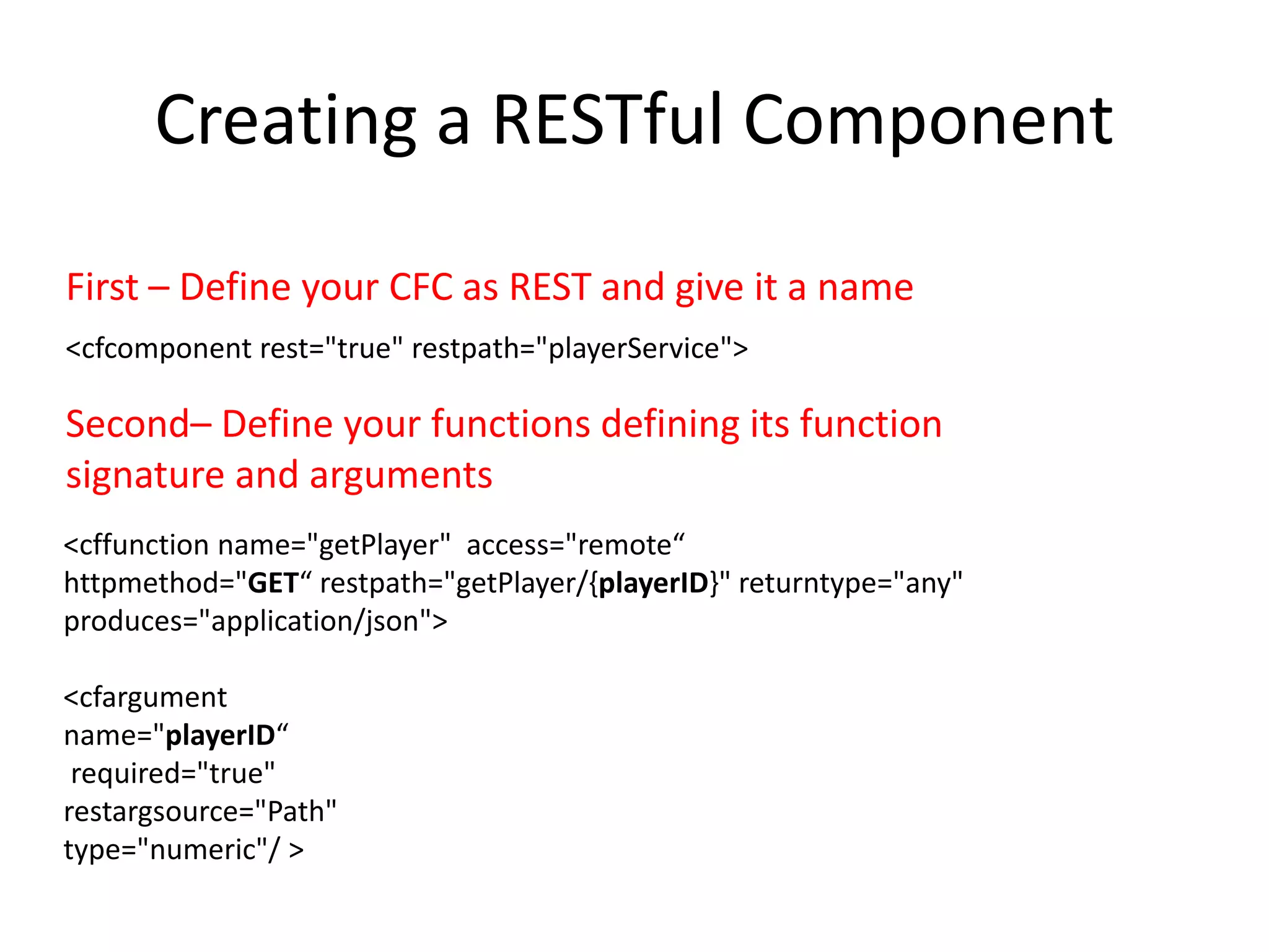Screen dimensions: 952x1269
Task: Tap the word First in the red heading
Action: pos(102,288)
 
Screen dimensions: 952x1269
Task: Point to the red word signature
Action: pos(144,476)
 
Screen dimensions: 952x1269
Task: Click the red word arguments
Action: pos(400,476)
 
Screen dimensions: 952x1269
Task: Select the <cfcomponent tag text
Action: pos(157,348)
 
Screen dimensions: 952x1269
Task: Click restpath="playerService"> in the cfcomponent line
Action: pos(579,348)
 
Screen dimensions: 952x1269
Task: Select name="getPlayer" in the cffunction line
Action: pos(334,545)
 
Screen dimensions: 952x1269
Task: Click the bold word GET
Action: pos(273,583)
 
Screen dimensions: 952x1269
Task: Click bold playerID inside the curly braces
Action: pos(654,583)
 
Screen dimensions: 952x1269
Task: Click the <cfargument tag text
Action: pos(145,698)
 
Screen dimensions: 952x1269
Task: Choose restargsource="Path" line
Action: pos(200,812)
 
